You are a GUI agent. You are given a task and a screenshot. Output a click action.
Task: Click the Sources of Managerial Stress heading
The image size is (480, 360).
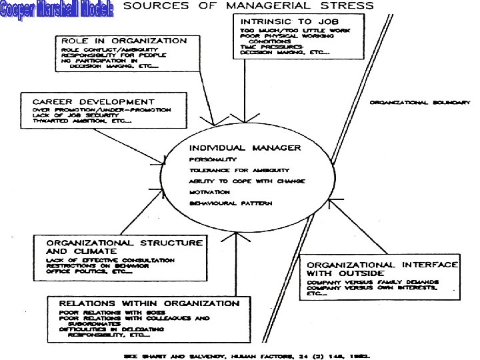(x=249, y=6)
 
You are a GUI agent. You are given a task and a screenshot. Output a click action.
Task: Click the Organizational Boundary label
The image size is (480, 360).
(x=421, y=103)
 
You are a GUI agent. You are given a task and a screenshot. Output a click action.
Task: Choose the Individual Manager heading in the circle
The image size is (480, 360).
(x=245, y=147)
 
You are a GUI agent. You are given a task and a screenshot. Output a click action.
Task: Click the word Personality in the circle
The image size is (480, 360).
(x=212, y=160)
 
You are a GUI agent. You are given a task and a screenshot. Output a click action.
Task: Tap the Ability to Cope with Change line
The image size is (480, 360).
(x=247, y=181)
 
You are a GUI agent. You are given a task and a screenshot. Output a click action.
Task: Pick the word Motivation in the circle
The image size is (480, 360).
(x=211, y=192)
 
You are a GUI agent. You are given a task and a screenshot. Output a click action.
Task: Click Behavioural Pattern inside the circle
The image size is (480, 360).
(x=231, y=203)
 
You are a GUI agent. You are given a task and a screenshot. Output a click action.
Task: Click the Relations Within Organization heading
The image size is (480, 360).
(x=149, y=303)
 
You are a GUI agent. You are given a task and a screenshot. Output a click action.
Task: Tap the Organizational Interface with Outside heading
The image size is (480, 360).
(x=382, y=269)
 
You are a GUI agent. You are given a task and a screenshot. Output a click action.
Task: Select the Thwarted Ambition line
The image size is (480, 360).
(x=81, y=121)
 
